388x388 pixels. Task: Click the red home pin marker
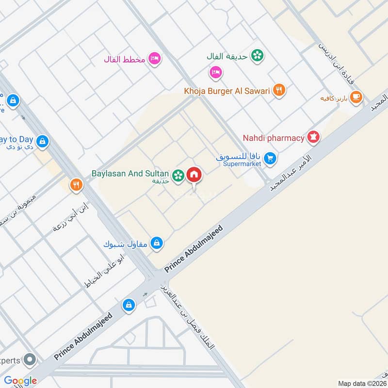[194, 175]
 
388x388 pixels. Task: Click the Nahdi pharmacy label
[278, 138]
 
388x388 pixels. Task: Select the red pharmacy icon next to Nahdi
[313, 138]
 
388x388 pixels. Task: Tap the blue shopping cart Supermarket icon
[271, 158]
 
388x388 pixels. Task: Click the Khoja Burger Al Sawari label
[226, 90]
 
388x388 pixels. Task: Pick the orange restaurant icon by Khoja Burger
[278, 90]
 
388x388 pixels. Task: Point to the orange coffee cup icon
[356, 97]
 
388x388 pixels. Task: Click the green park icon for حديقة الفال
[258, 56]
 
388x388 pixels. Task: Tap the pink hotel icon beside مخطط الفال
[155, 59]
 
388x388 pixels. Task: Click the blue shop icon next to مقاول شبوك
[156, 242]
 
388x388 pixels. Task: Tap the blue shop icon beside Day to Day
[43, 141]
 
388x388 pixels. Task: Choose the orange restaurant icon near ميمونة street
[76, 185]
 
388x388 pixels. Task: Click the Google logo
[20, 381]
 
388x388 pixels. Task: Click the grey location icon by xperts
[30, 360]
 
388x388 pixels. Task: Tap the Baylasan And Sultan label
[130, 173]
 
